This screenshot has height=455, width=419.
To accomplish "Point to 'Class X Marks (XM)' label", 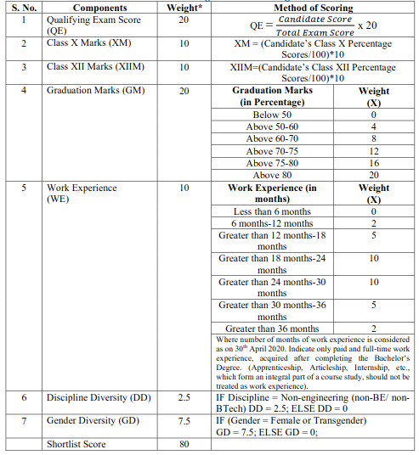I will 90,42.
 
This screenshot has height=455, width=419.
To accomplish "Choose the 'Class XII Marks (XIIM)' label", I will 97,66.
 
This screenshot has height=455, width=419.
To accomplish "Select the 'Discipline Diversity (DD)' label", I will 100,397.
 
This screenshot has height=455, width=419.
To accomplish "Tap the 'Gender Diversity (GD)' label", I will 94,421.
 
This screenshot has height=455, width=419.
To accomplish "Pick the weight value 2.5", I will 184,397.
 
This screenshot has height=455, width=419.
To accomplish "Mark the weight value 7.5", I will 184,421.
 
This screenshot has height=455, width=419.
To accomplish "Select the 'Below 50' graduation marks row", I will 272,115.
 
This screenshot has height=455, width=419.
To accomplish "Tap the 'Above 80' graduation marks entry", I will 272,175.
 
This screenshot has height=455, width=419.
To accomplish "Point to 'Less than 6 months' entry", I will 273,211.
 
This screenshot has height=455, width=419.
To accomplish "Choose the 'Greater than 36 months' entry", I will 273,328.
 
